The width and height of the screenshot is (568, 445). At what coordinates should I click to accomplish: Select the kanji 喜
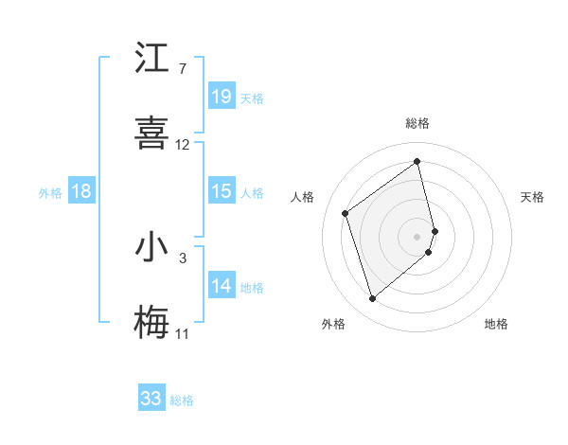click(x=152, y=133)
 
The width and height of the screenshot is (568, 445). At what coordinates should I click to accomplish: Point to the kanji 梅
click(x=152, y=323)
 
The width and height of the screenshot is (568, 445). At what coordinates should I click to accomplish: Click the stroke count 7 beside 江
click(x=182, y=69)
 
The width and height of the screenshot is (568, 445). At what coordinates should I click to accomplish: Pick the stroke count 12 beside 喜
click(x=183, y=145)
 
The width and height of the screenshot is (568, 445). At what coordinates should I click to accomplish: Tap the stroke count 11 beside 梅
click(x=183, y=334)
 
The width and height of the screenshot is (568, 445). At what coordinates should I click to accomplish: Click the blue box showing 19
click(x=222, y=97)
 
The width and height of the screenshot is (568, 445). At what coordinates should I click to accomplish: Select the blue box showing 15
click(x=222, y=191)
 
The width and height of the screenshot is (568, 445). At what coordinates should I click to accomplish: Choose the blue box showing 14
click(x=222, y=286)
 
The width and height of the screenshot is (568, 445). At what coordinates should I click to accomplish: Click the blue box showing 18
click(x=81, y=191)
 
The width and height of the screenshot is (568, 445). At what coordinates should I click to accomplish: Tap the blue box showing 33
click(x=151, y=399)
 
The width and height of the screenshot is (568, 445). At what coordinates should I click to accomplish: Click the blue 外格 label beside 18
click(x=50, y=193)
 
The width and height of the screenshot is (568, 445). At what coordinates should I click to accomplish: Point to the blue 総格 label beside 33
click(x=182, y=400)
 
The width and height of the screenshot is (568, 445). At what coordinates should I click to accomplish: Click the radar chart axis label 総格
click(x=417, y=123)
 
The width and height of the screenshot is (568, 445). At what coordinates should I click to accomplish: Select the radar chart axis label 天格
click(x=533, y=197)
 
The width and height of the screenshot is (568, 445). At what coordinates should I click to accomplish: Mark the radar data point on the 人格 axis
click(x=346, y=213)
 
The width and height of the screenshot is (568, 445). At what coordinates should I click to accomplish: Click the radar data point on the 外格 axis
click(x=372, y=299)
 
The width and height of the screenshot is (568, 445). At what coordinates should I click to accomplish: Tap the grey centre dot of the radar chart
click(x=417, y=235)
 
